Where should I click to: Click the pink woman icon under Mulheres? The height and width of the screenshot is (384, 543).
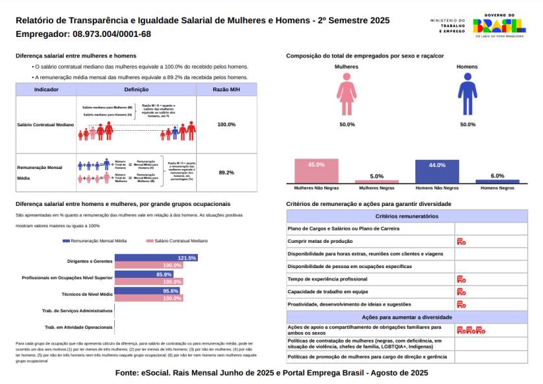[347, 95]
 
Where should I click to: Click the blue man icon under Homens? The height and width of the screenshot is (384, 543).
[467, 95]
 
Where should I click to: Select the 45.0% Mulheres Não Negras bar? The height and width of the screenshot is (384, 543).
[316, 172]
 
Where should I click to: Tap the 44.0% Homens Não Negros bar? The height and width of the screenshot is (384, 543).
[437, 172]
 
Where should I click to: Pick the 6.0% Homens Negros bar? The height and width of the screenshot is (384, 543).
[498, 181]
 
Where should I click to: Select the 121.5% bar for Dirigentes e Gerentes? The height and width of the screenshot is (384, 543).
[156, 258]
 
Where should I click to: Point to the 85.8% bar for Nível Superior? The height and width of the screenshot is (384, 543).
[143, 275]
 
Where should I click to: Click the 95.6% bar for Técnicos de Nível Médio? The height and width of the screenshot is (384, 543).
[147, 291]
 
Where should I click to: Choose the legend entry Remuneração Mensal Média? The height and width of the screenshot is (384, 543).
[94, 240]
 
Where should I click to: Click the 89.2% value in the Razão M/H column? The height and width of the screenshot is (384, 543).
[226, 173]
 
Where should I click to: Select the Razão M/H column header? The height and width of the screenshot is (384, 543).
[226, 89]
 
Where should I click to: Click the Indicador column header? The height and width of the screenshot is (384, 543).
[46, 89]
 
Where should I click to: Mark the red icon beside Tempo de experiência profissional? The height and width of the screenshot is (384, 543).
[461, 279]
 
